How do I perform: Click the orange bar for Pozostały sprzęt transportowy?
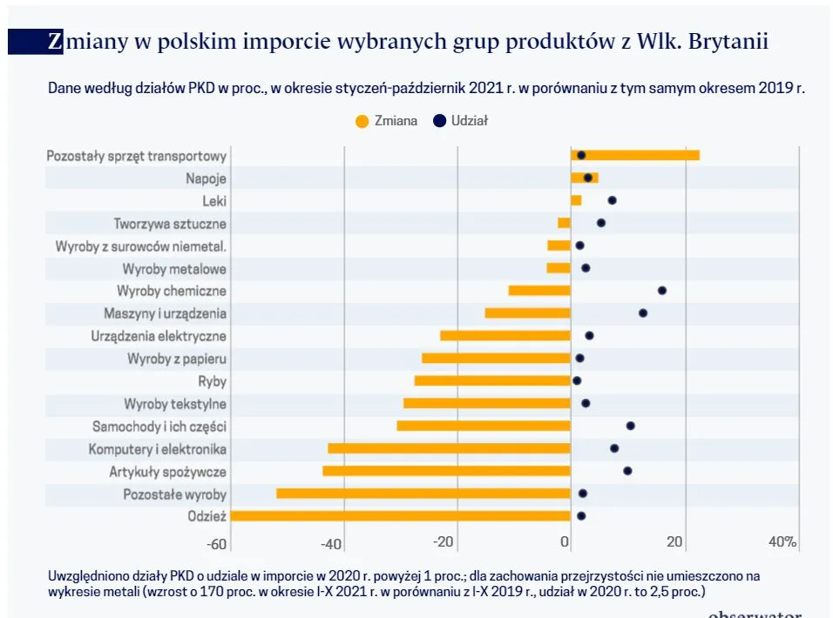pos(635,155)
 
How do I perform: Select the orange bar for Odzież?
pos(401,516)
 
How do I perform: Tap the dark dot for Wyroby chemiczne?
pos(662,291)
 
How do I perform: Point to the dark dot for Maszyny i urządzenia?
pos(643,313)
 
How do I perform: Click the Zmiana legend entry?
pos(387,121)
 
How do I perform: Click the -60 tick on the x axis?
pos(217,543)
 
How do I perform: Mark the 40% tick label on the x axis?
pos(782,542)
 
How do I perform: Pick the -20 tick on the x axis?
pos(444,543)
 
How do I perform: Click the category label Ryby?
pos(212,381)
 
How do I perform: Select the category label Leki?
pos(213,200)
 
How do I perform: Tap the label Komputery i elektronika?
pos(158,449)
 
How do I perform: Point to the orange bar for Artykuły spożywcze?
pos(446,471)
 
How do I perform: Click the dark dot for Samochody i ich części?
pos(631,426)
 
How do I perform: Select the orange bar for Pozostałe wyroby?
pos(423,494)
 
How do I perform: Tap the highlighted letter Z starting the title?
pos(55,41)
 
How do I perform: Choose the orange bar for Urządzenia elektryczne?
pos(505,336)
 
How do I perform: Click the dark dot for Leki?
pos(613,200)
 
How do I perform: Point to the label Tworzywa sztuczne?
pos(170,223)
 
